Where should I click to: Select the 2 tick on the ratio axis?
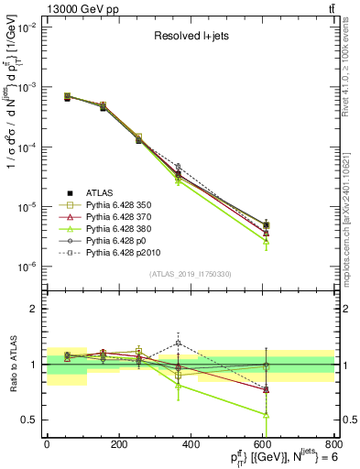click(x=37, y=309)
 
